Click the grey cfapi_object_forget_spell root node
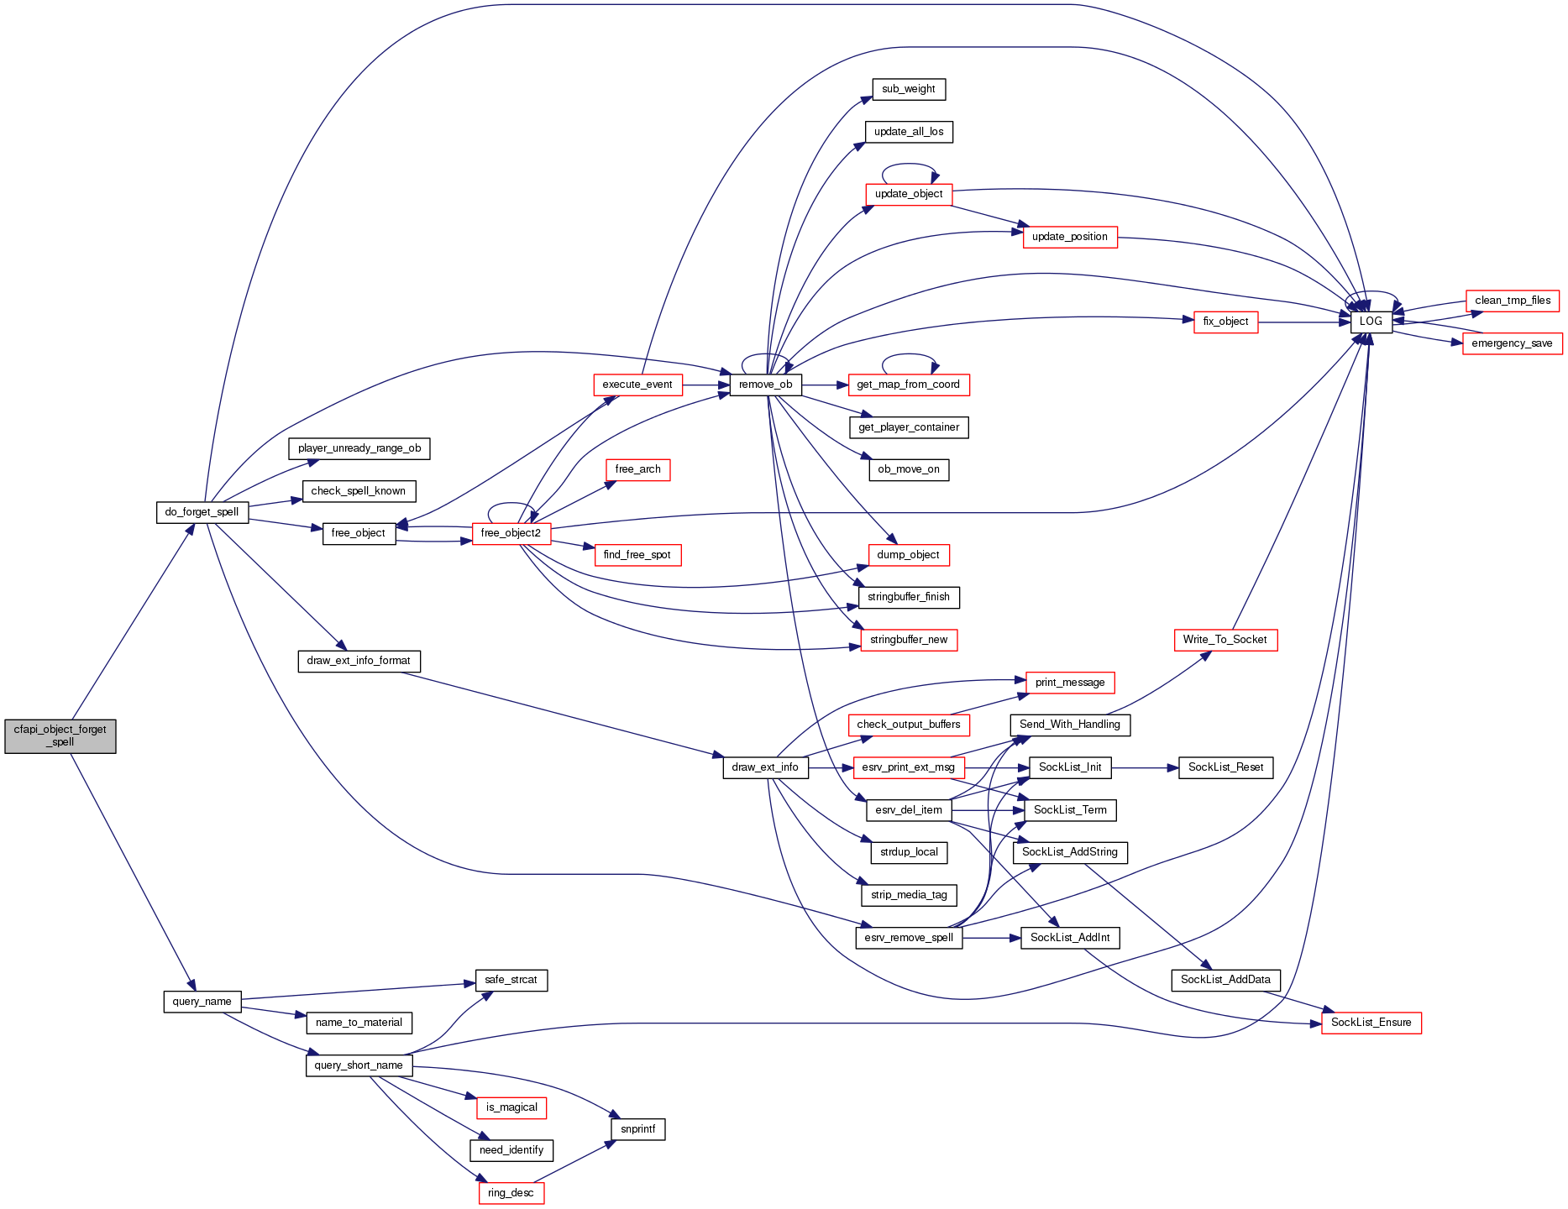point(60,735)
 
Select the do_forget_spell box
point(202,512)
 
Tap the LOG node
point(1371,322)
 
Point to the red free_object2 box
point(511,533)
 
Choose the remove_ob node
point(765,385)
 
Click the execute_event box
point(637,385)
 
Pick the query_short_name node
point(359,1065)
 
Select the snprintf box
point(637,1129)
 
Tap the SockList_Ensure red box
point(1371,1023)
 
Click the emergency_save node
point(1512,343)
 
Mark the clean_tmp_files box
point(1513,301)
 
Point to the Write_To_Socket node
point(1225,640)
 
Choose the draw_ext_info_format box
point(359,661)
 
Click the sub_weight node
point(909,89)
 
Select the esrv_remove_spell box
point(909,938)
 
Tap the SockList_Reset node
point(1225,767)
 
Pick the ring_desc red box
point(511,1193)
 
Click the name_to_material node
point(359,1023)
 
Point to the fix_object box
point(1225,322)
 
